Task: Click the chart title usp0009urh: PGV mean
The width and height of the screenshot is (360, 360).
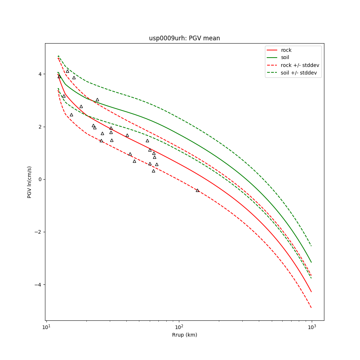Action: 184,38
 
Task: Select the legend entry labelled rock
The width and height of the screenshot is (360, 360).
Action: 286,50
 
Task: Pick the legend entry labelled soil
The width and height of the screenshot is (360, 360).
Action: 285,58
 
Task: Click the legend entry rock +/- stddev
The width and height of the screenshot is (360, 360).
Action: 300,65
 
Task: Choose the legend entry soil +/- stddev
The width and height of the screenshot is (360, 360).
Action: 299,73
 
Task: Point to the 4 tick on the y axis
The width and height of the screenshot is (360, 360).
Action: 41,74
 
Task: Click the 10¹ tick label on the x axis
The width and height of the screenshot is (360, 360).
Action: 46,327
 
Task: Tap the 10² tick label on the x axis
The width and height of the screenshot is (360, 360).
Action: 179,327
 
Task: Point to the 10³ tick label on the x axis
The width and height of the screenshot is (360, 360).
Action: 312,327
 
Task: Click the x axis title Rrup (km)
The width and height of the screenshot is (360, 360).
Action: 184,335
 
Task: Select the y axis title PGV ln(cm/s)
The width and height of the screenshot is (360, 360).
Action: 30,182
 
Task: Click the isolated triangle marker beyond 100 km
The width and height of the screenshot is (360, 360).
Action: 197,190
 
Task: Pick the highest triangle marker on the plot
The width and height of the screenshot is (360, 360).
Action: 67,71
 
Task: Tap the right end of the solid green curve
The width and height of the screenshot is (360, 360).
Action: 311,262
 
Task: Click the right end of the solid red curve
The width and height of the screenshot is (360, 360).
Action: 311,292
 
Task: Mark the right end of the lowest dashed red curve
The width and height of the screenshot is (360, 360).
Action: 311,307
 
